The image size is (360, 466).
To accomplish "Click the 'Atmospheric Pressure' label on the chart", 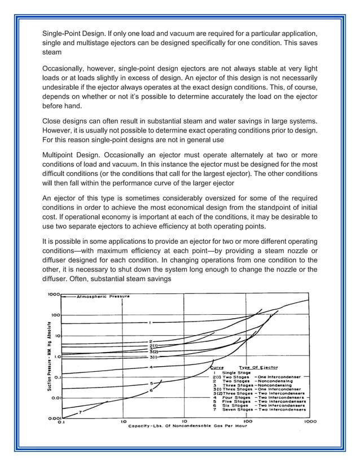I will (103, 296).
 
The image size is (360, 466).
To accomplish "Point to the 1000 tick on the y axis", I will (54, 294).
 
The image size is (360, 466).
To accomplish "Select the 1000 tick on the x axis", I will (310, 421).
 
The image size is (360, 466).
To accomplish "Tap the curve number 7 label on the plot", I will (80, 412).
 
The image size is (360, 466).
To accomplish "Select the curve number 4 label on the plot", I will (151, 367).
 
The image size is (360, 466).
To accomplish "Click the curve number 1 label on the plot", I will (150, 323).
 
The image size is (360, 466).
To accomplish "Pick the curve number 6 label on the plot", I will (151, 390).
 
